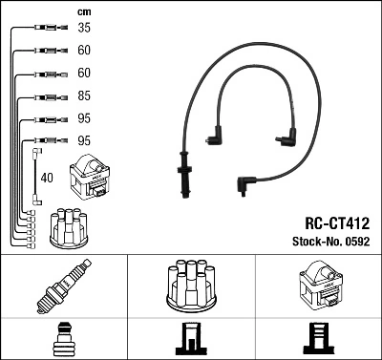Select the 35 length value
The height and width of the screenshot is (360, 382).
click(x=84, y=29)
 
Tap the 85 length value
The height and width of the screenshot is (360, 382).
click(x=84, y=95)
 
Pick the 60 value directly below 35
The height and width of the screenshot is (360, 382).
click(x=84, y=51)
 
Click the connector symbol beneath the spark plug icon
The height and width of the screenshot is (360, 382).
click(x=63, y=338)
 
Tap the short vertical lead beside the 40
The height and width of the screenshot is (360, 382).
click(x=36, y=177)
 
